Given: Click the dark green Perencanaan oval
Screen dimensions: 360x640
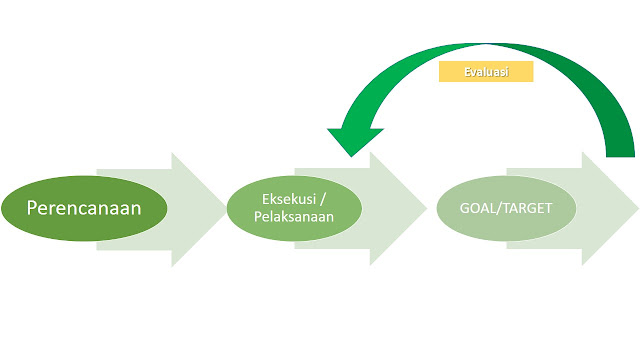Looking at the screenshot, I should click(84, 210).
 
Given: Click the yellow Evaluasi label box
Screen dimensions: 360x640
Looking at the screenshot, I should click(486, 72).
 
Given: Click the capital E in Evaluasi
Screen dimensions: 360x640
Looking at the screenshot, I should click(468, 72).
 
